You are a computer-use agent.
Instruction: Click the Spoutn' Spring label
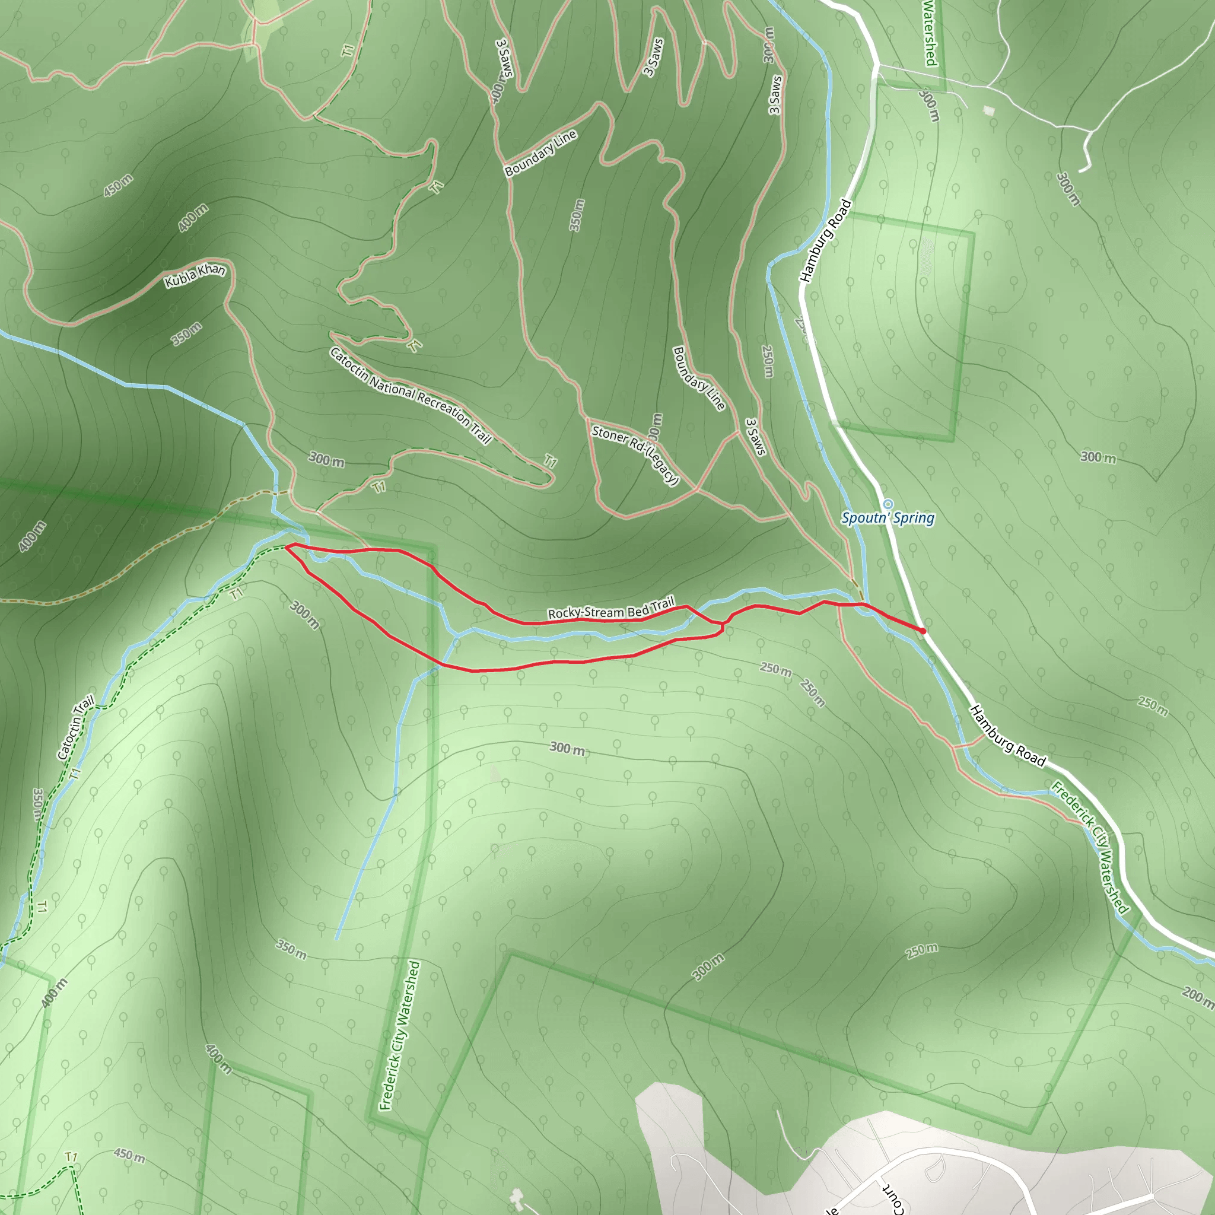pyautogui.click(x=888, y=518)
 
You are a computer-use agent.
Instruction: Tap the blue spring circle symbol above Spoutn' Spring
pyautogui.click(x=888, y=504)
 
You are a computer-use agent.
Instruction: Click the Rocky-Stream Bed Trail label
pyautogui.click(x=610, y=609)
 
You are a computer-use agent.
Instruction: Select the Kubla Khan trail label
pyautogui.click(x=195, y=275)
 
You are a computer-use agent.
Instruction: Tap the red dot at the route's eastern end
pyautogui.click(x=923, y=630)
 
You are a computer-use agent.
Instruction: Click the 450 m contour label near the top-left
pyautogui.click(x=118, y=185)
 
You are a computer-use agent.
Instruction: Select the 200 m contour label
pyautogui.click(x=1196, y=996)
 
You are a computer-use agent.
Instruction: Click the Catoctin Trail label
pyautogui.click(x=75, y=727)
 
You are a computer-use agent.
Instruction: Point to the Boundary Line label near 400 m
pyautogui.click(x=541, y=153)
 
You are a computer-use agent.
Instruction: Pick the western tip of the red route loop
pyautogui.click(x=287, y=546)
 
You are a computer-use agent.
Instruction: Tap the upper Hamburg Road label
pyautogui.click(x=825, y=240)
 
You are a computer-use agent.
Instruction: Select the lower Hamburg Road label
pyautogui.click(x=1007, y=736)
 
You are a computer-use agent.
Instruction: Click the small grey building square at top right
pyautogui.click(x=989, y=111)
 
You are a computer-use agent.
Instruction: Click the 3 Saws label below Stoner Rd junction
pyautogui.click(x=755, y=437)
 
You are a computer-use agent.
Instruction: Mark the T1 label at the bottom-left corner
pyautogui.click(x=71, y=1157)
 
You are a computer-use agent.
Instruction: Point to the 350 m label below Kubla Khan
pyautogui.click(x=187, y=333)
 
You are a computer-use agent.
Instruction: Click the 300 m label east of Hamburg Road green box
pyautogui.click(x=1098, y=457)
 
